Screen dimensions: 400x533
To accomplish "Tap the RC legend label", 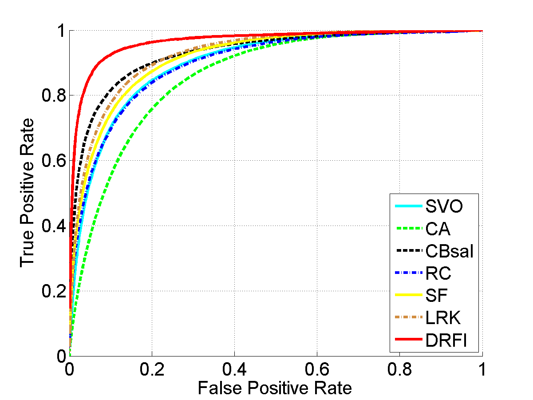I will coord(438,273).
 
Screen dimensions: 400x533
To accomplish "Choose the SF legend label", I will coord(437,296).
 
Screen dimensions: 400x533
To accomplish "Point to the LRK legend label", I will coord(443,318).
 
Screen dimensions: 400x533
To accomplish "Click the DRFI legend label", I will coord(446,341).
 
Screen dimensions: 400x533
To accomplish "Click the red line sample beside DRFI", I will coord(407,341).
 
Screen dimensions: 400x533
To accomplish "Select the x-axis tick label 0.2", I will coord(152,368).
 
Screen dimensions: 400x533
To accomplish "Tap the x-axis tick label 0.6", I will coord(317,368).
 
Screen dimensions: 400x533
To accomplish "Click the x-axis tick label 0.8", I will coord(399,368).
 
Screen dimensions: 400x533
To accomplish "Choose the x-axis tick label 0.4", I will coord(234,368).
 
